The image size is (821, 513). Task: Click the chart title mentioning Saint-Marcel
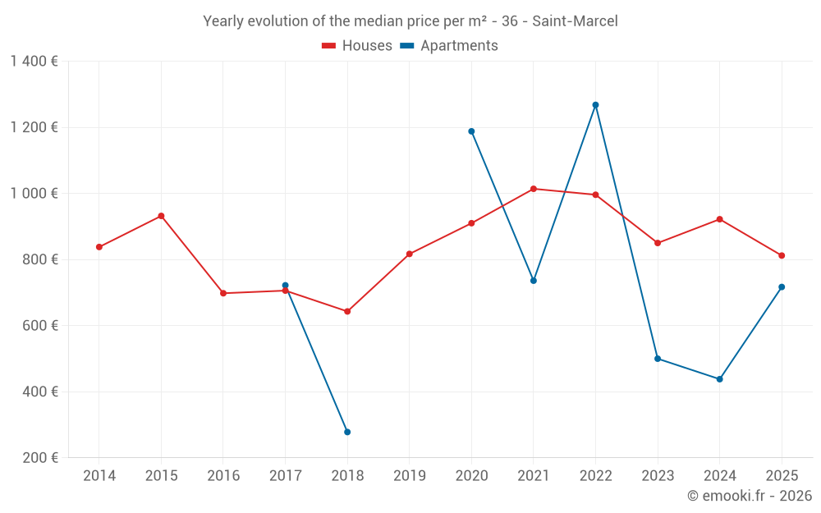pyautogui.click(x=410, y=21)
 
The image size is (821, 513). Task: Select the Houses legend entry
pyautogui.click(x=357, y=46)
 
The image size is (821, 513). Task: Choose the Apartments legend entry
pyautogui.click(x=449, y=46)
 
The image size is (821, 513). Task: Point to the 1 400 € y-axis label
pyautogui.click(x=34, y=62)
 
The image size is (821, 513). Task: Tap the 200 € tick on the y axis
pyautogui.click(x=39, y=458)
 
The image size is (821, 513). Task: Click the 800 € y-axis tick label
pyautogui.click(x=39, y=259)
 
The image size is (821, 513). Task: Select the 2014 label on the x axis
pyautogui.click(x=99, y=476)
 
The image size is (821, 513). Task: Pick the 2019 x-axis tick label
pyautogui.click(x=410, y=476)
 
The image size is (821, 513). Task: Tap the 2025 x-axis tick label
pyautogui.click(x=782, y=476)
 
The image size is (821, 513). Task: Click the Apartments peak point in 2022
pyautogui.click(x=595, y=105)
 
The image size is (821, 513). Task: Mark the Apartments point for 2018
pyautogui.click(x=347, y=432)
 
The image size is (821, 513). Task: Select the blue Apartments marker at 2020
pyautogui.click(x=471, y=131)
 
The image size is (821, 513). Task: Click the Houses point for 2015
pyautogui.click(x=161, y=216)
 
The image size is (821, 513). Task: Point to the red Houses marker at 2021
pyautogui.click(x=534, y=189)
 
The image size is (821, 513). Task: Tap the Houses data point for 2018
pyautogui.click(x=347, y=311)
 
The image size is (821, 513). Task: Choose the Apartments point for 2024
pyautogui.click(x=719, y=379)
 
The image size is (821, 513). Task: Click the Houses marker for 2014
pyautogui.click(x=99, y=247)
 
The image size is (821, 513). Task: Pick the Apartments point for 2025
pyautogui.click(x=782, y=286)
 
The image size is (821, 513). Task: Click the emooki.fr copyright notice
pyautogui.click(x=750, y=496)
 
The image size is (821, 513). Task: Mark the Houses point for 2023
pyautogui.click(x=658, y=243)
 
